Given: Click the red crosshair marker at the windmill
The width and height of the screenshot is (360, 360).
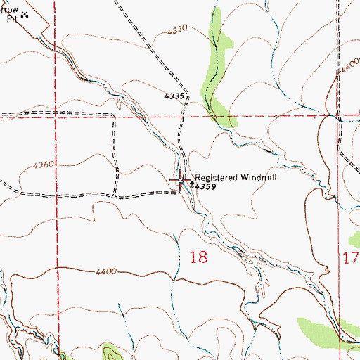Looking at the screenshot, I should [183, 181].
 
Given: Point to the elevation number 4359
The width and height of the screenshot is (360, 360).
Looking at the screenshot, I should [205, 187].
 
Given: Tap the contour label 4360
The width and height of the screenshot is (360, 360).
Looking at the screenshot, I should [43, 165].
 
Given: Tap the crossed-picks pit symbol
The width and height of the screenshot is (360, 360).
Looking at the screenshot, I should [25, 13].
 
